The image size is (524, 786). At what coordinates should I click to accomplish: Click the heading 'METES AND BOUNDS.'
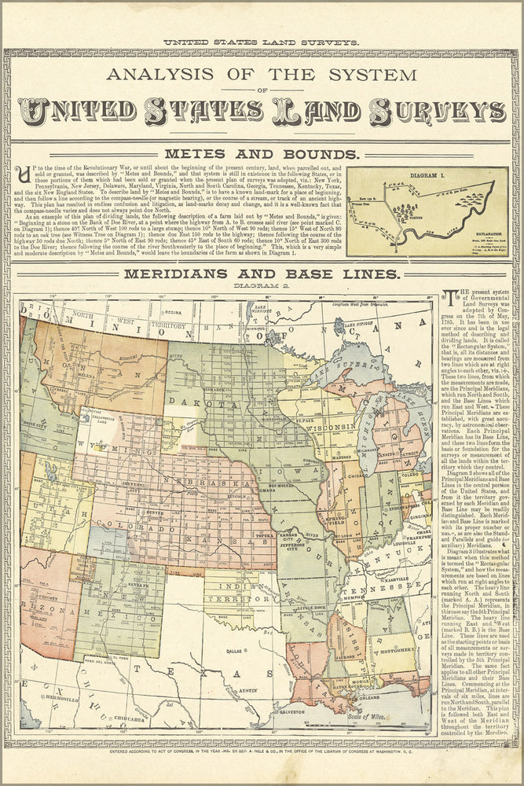tap(262, 154)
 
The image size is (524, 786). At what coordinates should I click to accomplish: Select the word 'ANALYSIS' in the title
tap(167, 76)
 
